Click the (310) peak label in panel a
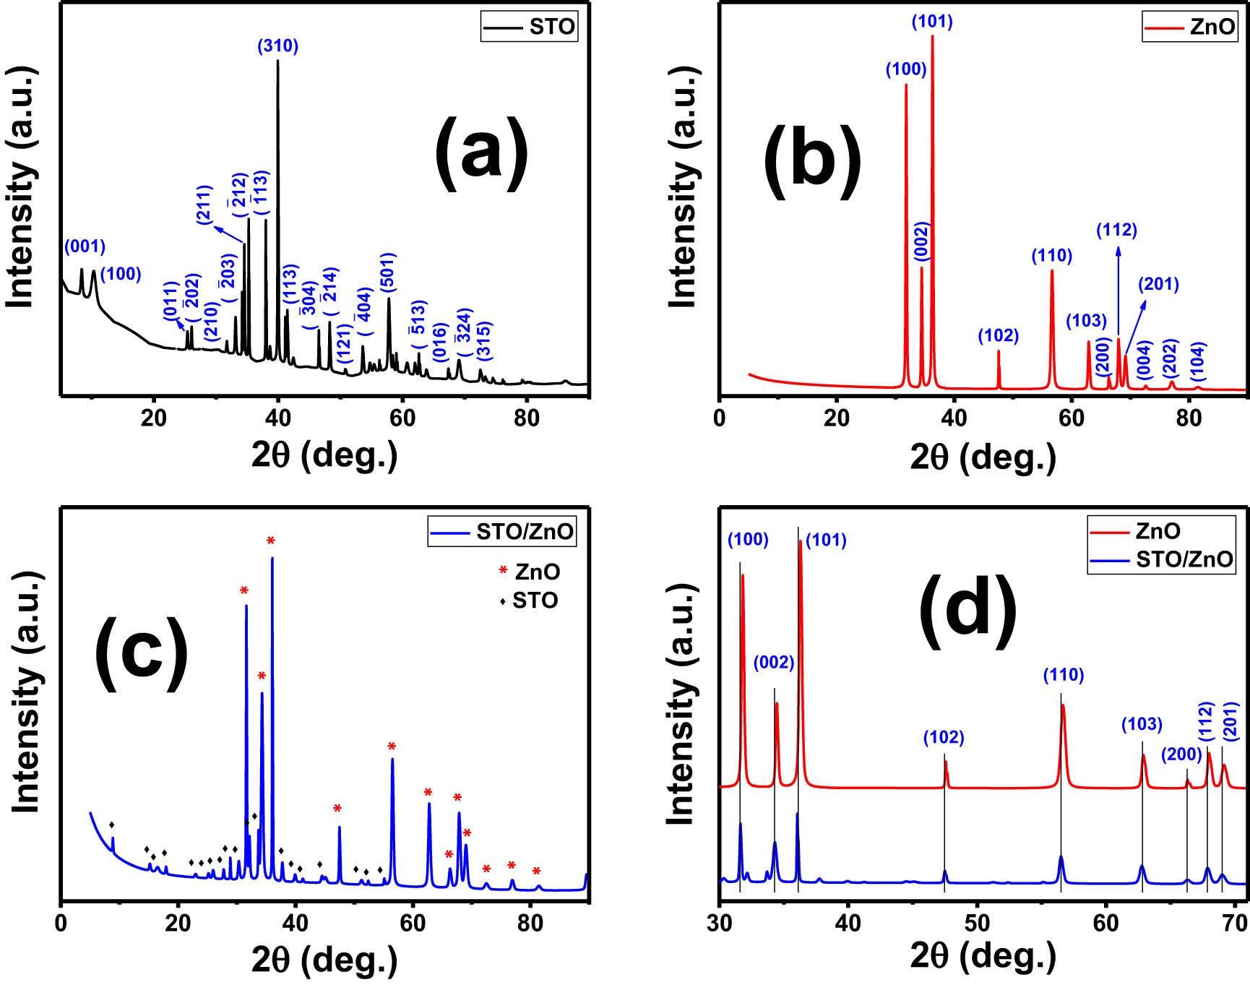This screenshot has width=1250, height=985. pyautogui.click(x=277, y=46)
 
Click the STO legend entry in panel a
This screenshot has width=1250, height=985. pyautogui.click(x=530, y=27)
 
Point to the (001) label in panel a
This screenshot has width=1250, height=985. pyautogui.click(x=85, y=246)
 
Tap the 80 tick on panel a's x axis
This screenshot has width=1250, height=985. pyautogui.click(x=527, y=418)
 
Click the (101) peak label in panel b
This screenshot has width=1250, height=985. pyautogui.click(x=932, y=22)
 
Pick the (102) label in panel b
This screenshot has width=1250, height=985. pyautogui.click(x=998, y=335)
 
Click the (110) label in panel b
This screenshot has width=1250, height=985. pyautogui.click(x=1051, y=255)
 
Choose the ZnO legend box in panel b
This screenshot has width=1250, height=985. pyautogui.click(x=1189, y=27)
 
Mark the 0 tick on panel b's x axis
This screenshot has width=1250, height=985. pyautogui.click(x=720, y=418)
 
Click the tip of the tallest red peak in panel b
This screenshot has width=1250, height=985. pyautogui.click(x=932, y=35)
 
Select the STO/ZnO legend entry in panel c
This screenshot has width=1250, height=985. pyautogui.click(x=503, y=532)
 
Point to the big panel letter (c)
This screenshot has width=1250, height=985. pyautogui.click(x=142, y=653)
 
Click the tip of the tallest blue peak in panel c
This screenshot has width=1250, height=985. pyautogui.click(x=272, y=557)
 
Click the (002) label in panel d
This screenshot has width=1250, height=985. pyautogui.click(x=773, y=663)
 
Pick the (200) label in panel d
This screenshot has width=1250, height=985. pyautogui.click(x=1181, y=754)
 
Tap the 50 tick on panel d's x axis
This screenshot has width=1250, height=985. pyautogui.click(x=977, y=924)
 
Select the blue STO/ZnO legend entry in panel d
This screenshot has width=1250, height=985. pyautogui.click(x=1160, y=559)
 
